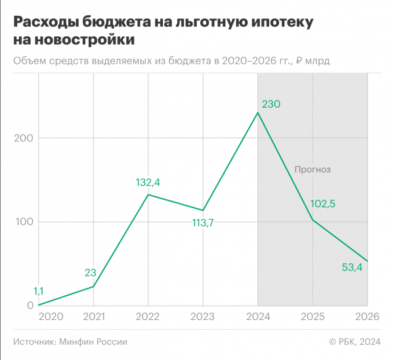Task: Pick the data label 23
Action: point(91,273)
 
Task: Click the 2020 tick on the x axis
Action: point(51,317)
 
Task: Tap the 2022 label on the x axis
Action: point(148,317)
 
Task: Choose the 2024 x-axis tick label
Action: point(257,317)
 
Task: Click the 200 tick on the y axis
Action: point(22,138)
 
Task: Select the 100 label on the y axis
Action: point(23,222)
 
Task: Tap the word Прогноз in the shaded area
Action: point(312,169)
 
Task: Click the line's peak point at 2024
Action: point(257,112)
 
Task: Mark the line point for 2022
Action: point(148,194)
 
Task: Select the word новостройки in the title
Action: point(83,39)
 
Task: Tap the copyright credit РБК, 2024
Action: point(358,342)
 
